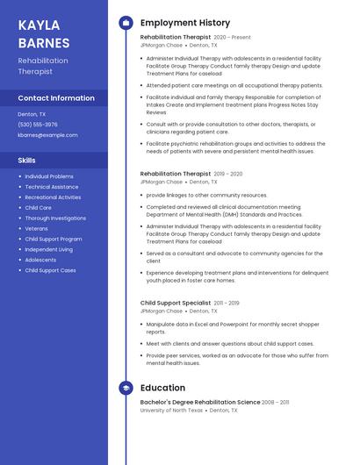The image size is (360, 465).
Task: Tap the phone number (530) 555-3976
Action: tap(38, 125)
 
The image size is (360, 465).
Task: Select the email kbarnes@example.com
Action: tap(47, 135)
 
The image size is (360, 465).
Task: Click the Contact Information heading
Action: tap(56, 98)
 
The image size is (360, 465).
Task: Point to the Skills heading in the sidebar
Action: tap(27, 161)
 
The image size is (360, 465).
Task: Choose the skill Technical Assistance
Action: tap(51, 187)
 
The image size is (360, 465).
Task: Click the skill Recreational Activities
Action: tap(53, 197)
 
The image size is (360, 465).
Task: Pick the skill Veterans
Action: tap(37, 228)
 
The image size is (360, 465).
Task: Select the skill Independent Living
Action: tap(48, 249)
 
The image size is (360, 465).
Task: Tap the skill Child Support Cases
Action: tap(50, 270)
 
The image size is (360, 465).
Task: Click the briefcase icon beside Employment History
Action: tap(126, 23)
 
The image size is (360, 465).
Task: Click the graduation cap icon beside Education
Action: tap(126, 388)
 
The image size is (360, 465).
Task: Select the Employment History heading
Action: tap(185, 23)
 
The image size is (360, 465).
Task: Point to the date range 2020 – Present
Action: tap(232, 38)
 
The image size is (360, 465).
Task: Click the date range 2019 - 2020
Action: tap(228, 175)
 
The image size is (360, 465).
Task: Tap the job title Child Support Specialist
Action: tap(176, 303)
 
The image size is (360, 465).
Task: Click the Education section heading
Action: tap(162, 388)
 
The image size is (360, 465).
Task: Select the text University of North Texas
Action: tap(171, 410)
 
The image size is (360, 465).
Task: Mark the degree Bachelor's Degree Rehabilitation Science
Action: tap(199, 402)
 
